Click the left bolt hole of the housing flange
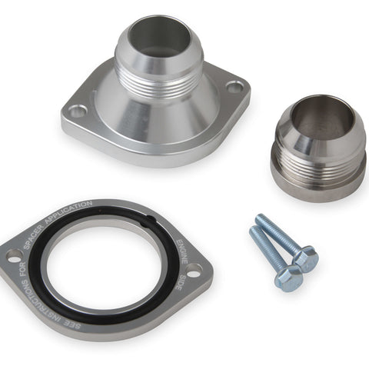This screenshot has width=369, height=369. tap(78, 111)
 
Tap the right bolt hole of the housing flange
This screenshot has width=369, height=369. tap(235, 87)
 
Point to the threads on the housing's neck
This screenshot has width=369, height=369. tap(159, 82)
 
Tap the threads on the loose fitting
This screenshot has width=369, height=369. tap(317, 164)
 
